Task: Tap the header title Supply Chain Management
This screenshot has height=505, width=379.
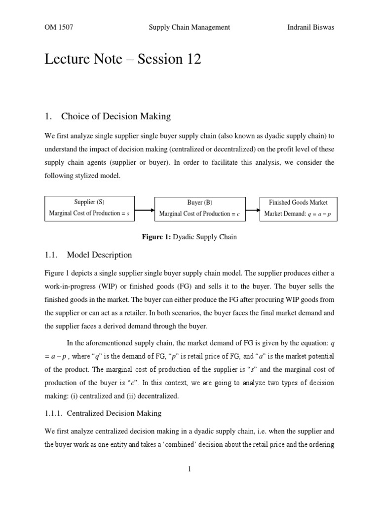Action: [x=189, y=28]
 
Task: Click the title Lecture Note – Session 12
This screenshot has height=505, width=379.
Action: [x=123, y=60]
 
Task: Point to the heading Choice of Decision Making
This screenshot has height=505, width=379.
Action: [x=116, y=117]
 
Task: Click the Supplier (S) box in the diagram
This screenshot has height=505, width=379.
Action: [x=89, y=208]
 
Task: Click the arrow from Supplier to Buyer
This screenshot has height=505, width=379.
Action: [x=145, y=210]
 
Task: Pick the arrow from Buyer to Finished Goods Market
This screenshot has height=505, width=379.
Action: [x=253, y=210]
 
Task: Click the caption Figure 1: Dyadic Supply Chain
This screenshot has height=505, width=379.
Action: [x=189, y=237]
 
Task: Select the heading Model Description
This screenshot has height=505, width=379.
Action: [x=99, y=255]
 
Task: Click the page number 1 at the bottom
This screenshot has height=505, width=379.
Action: [x=189, y=469]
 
